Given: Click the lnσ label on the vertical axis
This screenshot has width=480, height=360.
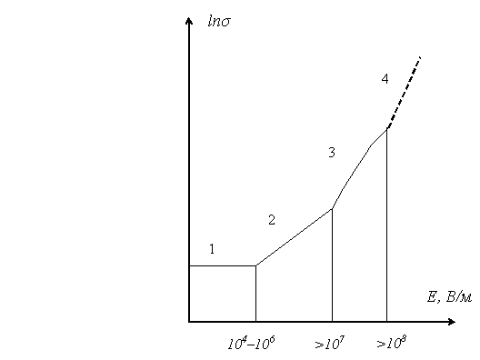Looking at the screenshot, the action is (x=219, y=22).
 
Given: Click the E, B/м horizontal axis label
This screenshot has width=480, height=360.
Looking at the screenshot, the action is (x=449, y=297).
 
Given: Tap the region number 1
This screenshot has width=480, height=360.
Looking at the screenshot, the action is (x=212, y=249).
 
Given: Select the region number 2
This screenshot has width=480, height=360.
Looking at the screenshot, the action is (x=272, y=220).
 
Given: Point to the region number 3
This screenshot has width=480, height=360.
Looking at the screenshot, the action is (x=332, y=152).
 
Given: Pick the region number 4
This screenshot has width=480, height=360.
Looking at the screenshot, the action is (x=385, y=79).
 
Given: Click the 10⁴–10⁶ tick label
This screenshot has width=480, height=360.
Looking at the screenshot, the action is (x=251, y=343).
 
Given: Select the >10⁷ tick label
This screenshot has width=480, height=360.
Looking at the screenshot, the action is (x=330, y=343).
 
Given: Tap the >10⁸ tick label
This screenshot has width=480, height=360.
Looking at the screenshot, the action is (x=392, y=343).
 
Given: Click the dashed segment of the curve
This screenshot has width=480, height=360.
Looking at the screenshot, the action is (x=404, y=93).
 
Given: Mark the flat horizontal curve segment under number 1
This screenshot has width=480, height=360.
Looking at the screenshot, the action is (x=223, y=265).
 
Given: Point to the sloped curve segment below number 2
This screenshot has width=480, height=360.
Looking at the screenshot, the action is (x=294, y=237).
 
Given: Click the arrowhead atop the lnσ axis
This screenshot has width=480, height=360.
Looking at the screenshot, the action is (x=189, y=21).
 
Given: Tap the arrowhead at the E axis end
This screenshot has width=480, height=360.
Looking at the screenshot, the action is (x=452, y=322).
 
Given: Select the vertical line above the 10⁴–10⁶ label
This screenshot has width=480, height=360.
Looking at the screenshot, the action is (x=256, y=294).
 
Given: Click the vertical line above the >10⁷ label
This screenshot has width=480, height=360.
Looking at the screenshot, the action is (x=332, y=265).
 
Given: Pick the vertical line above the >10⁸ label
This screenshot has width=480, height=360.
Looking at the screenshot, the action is (x=386, y=225).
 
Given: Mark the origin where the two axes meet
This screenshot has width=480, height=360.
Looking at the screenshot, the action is (x=189, y=322).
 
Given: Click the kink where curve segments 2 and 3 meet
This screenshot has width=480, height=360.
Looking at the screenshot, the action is (x=332, y=209).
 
